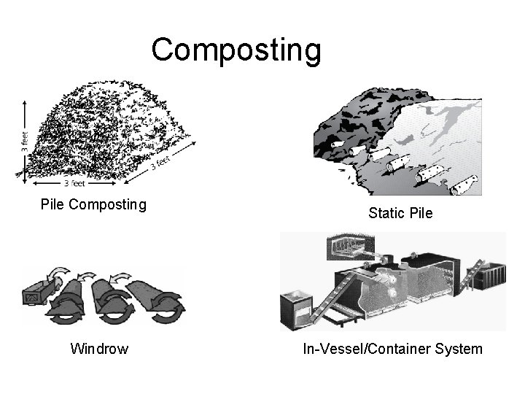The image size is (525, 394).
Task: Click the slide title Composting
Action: pos(236,50)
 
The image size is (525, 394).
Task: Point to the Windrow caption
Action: pos(99,349)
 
